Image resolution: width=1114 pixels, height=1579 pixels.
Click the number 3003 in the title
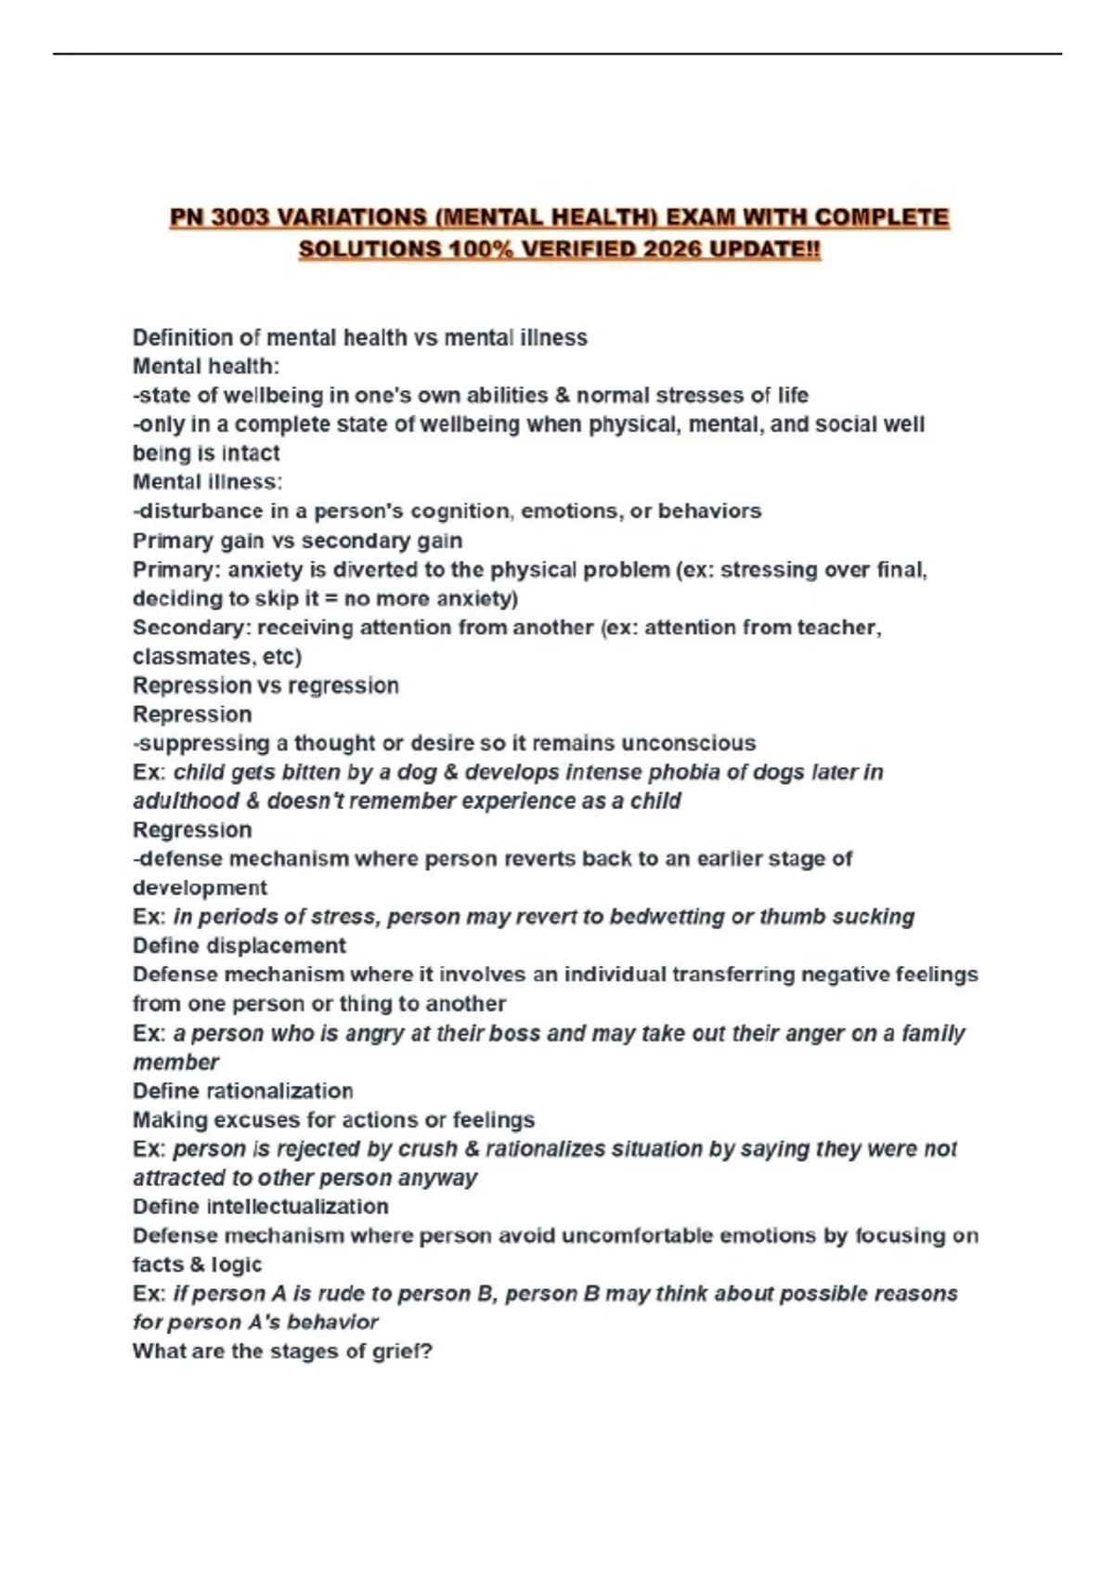click(x=240, y=218)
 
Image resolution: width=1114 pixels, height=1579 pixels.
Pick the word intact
click(x=250, y=453)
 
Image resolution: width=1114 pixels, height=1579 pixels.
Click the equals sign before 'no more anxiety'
click(x=331, y=598)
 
